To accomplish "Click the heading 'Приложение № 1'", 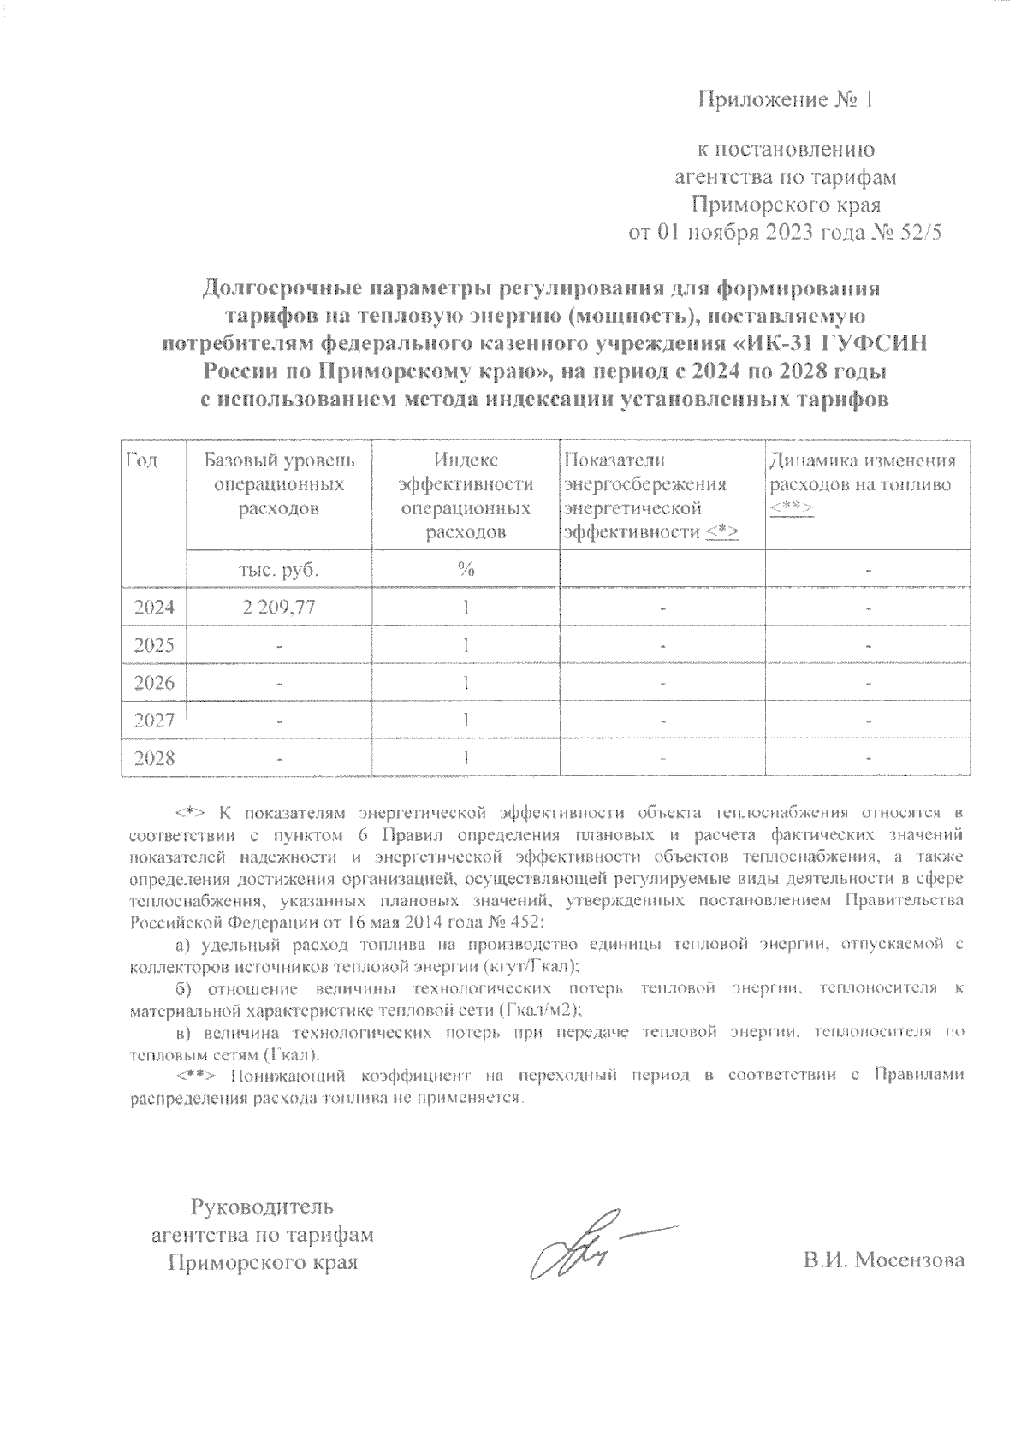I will click(x=787, y=100).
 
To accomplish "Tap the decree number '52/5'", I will click(x=918, y=233).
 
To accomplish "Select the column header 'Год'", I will click(x=142, y=460).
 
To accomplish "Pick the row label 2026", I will click(x=154, y=683).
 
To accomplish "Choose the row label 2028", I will click(x=154, y=758).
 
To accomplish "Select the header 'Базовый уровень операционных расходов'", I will click(x=279, y=484).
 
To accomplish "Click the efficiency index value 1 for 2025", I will click(x=466, y=645).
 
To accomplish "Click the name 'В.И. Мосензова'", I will click(x=883, y=1260).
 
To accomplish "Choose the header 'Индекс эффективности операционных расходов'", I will click(x=466, y=496).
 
